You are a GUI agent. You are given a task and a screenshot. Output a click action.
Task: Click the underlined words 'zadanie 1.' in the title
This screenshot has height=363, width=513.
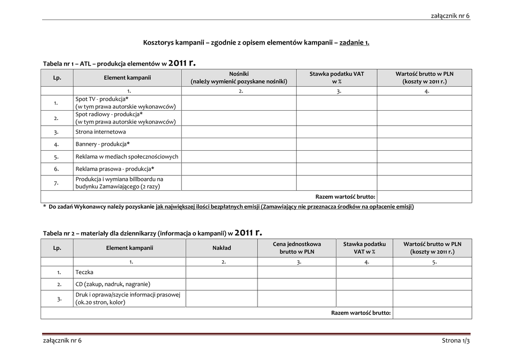coord(354,43)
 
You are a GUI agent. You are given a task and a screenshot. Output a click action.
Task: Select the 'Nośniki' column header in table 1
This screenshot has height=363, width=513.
coord(238,77)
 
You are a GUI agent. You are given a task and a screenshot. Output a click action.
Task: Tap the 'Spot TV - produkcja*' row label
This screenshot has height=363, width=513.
coord(100,99)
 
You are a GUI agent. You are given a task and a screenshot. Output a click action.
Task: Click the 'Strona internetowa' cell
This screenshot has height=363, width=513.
coord(101,132)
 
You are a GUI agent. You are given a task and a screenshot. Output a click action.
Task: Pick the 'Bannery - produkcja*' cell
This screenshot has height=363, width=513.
coord(103,144)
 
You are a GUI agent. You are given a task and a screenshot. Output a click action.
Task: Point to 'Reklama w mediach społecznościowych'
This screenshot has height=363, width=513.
coord(127,157)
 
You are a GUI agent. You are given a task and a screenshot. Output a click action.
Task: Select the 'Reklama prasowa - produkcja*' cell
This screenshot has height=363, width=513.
coord(115,169)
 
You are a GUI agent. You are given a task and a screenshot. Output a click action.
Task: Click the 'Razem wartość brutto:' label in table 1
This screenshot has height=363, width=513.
coord(345,197)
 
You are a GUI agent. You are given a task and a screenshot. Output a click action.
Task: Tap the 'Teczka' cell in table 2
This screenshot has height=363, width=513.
coord(84,272)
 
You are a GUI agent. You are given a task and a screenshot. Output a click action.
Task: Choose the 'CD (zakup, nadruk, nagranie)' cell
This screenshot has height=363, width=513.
coord(113,284)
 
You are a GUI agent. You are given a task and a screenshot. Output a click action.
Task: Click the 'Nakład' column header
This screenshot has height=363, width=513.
coord(222,248)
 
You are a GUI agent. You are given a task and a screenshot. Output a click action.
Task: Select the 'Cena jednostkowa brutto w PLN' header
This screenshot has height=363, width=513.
coord(297,248)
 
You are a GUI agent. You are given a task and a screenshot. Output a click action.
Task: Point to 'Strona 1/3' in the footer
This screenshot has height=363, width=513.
coord(456,341)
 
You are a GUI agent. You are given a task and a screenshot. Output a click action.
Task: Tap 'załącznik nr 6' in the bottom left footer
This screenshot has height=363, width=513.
coord(62,341)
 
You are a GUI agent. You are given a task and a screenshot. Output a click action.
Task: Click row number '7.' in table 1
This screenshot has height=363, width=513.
coord(57,183)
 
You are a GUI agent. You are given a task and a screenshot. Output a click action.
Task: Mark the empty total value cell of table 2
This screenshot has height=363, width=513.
coord(432,313)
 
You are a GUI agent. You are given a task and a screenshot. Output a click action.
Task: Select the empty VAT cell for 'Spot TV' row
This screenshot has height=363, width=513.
coord(336,103)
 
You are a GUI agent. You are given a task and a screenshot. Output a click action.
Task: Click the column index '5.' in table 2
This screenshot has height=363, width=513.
coord(434,261)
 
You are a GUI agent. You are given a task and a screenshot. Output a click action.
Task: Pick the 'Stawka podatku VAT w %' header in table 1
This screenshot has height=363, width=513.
coord(336,77)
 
